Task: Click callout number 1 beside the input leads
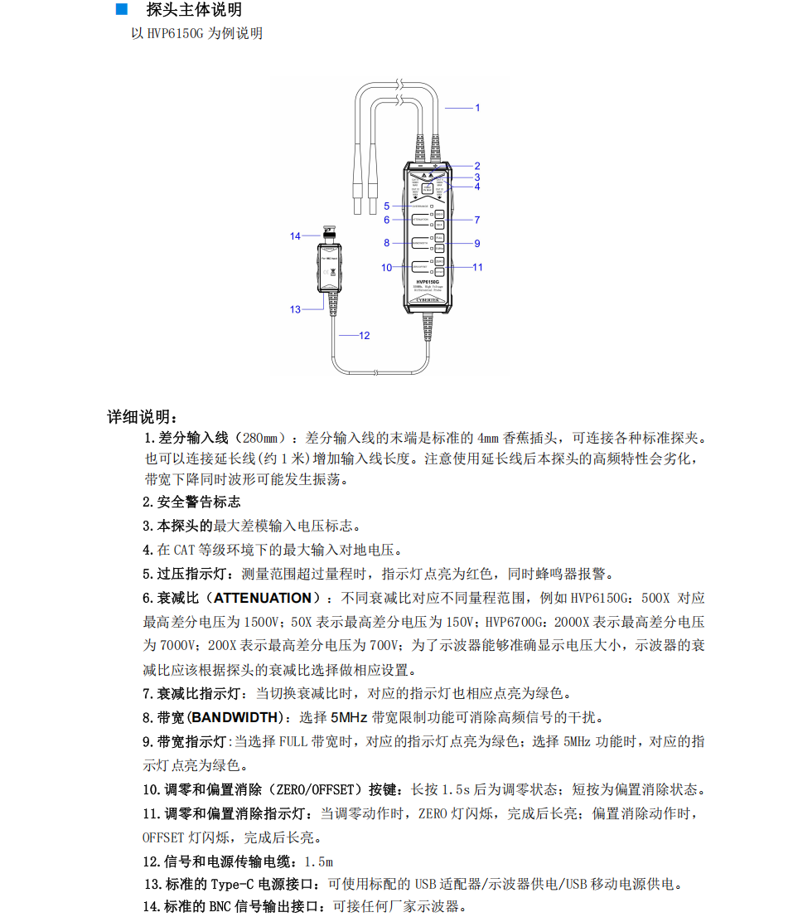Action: click(x=476, y=108)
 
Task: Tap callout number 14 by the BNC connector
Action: click(x=295, y=236)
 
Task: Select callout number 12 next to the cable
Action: click(x=364, y=336)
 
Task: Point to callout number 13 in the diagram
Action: click(x=295, y=309)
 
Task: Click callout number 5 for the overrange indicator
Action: click(x=386, y=206)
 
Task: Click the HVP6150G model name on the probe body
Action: click(x=427, y=282)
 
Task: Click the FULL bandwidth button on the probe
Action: click(x=439, y=237)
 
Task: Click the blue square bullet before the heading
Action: click(x=121, y=10)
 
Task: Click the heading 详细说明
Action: click(x=142, y=416)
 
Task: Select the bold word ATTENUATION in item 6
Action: click(x=263, y=598)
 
